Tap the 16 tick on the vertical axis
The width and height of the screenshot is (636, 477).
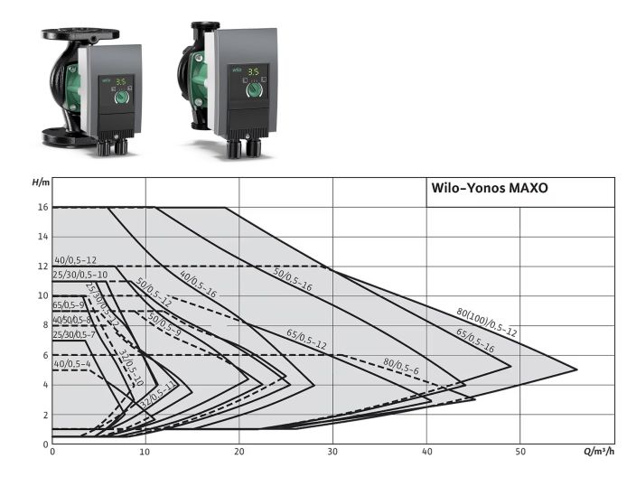tap(42, 208)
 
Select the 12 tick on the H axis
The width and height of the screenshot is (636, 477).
tap(42, 267)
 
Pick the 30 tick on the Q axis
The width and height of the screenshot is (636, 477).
tap(333, 452)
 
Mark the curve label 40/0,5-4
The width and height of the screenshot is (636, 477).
tap(72, 364)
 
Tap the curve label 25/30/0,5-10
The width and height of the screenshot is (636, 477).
tap(80, 274)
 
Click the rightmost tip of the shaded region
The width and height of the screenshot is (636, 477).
tap(576, 369)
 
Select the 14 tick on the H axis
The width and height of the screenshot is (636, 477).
tap(42, 238)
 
